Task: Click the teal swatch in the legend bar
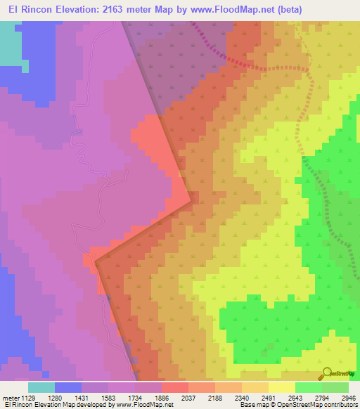pyautogui.click(x=41, y=387)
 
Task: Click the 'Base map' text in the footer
pyautogui.click(x=254, y=405)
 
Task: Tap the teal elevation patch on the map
pyautogui.click(x=10, y=42)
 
